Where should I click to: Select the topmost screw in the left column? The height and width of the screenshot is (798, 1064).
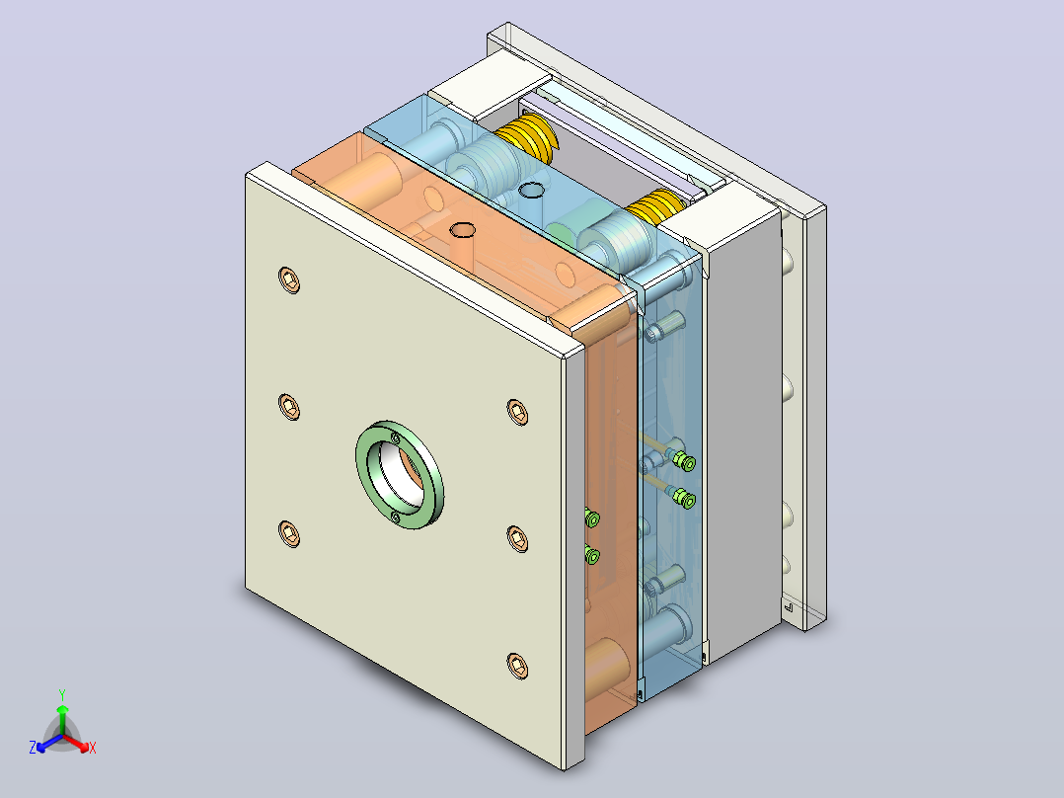[x=290, y=279]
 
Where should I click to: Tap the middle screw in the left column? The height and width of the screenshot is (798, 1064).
[x=290, y=406]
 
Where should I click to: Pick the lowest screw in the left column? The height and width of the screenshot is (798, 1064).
[x=290, y=533]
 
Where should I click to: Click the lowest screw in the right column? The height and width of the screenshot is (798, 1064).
[x=518, y=666]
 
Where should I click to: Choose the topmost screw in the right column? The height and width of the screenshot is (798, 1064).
[x=518, y=412]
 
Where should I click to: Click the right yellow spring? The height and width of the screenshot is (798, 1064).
[x=654, y=205]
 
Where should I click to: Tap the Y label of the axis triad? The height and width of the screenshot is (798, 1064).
[x=62, y=694]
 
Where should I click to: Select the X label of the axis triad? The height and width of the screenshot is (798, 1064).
[x=93, y=748]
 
